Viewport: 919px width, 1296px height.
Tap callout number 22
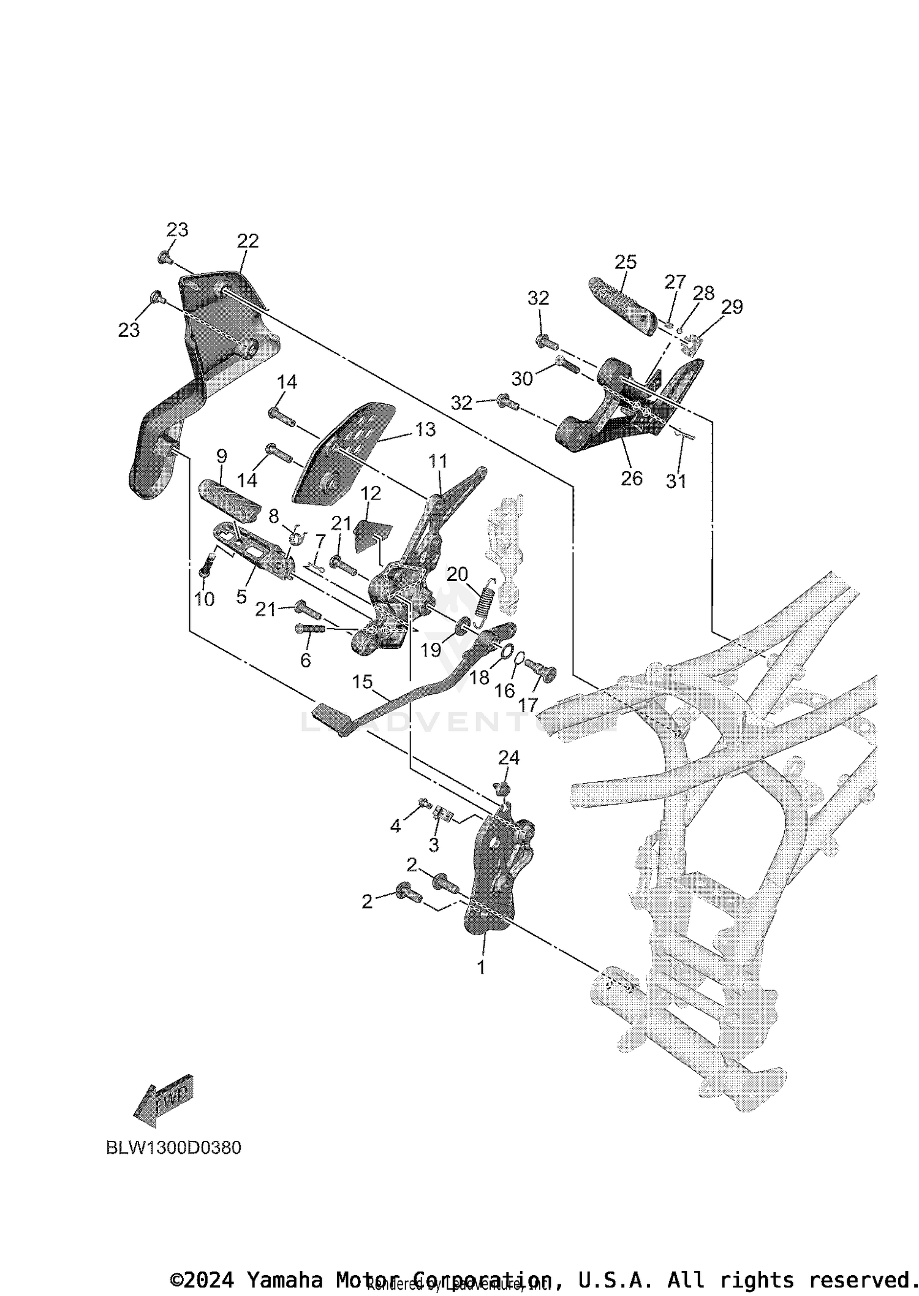[x=248, y=241]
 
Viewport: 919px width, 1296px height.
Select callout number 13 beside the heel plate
[x=425, y=429]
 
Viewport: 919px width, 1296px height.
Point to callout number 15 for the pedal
[x=362, y=681]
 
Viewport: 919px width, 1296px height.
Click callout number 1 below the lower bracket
[x=481, y=968]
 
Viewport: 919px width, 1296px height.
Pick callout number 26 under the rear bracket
[x=632, y=478]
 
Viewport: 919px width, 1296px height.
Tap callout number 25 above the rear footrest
[x=626, y=262]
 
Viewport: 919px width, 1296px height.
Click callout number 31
[x=676, y=482]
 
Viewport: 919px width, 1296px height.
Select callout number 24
[x=509, y=758]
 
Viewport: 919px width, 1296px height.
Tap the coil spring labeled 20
[x=485, y=601]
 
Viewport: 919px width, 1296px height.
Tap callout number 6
[x=305, y=660]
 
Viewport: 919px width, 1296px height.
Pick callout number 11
[x=437, y=461]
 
